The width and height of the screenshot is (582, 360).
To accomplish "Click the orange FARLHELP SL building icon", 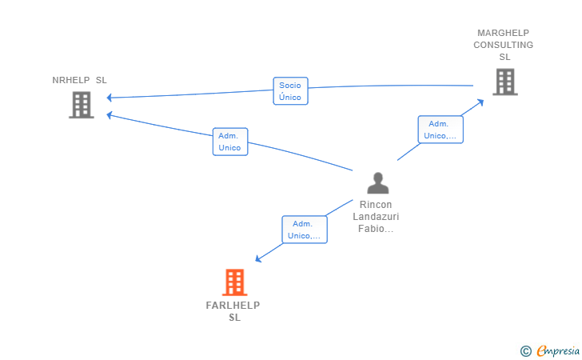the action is [234, 282].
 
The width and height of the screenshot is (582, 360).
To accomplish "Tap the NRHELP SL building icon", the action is [82, 105].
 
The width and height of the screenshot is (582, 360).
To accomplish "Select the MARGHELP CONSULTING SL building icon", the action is [505, 82].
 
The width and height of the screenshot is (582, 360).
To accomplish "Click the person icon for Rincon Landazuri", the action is [378, 182].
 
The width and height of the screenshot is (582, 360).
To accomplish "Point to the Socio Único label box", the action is [291, 91].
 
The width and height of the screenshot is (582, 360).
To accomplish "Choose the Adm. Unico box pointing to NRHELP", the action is [230, 142].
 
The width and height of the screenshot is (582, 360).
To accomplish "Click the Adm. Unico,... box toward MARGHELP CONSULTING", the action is [440, 130].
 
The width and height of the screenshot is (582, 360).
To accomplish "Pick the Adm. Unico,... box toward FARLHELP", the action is [305, 230].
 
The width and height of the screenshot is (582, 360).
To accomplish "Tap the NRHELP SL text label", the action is [79, 80].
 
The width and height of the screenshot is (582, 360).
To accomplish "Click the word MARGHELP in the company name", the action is [504, 33].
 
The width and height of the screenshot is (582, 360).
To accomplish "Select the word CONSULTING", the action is [504, 45].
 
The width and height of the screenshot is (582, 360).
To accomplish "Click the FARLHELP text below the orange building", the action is [233, 306].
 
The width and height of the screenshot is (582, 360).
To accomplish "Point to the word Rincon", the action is [376, 205].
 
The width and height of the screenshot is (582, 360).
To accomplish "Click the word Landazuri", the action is [376, 217].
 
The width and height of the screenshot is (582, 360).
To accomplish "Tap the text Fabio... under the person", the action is [376, 229].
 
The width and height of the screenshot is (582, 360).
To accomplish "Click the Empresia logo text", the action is [558, 350].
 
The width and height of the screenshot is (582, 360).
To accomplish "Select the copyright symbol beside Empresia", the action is [526, 351].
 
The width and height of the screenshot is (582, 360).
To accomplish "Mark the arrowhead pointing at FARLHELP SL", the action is [258, 259].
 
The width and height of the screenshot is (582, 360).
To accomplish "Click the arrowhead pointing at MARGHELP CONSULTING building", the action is [480, 102].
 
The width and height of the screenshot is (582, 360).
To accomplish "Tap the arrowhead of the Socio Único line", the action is [109, 98].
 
